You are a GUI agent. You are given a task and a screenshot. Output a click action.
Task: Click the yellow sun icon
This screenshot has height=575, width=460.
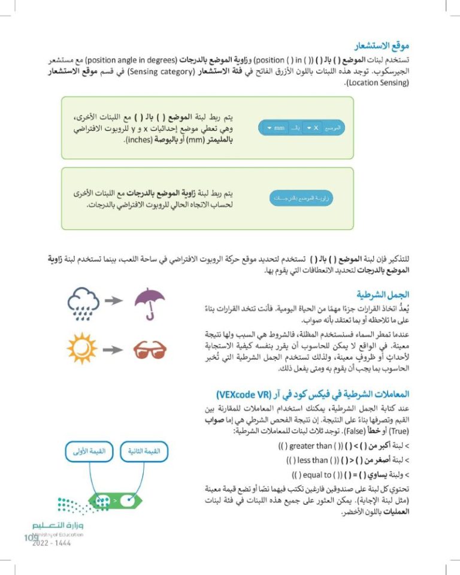coord(83,348)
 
